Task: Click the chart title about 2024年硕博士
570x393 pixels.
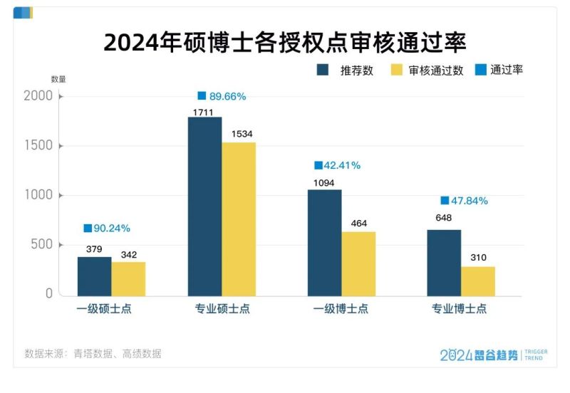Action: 285,42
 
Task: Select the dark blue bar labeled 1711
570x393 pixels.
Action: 204,206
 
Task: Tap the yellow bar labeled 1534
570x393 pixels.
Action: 239,219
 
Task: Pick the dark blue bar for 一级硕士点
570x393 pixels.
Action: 94,276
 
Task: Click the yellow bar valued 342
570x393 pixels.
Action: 128,278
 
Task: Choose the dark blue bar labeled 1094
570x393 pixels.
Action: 324,242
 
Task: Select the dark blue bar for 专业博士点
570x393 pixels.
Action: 444,262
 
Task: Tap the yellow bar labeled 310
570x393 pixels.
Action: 478,281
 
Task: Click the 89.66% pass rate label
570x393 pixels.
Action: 222,96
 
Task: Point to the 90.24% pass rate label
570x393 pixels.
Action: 107,229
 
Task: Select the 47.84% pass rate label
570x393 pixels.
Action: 464,201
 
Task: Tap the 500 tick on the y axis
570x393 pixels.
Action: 42,245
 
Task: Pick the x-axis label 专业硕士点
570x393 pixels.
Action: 222,309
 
